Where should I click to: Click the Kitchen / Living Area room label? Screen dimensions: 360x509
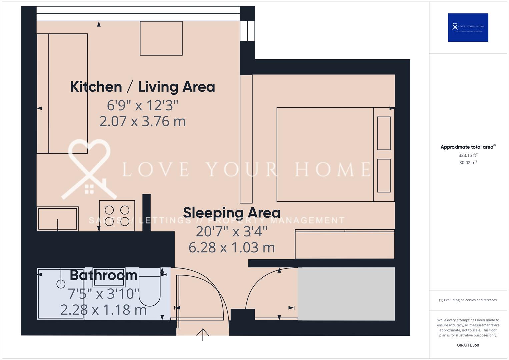tap(142, 87)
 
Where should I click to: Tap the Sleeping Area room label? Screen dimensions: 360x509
tap(232, 213)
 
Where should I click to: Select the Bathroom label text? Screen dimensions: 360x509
tap(104, 275)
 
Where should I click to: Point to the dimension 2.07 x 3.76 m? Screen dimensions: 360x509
tap(142, 121)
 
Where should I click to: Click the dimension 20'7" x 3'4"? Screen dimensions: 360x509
tap(232, 231)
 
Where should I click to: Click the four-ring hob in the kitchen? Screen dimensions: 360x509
tap(117, 216)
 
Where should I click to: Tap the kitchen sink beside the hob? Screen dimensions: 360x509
tap(58, 219)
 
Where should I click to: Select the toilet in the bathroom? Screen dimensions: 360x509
tap(150, 287)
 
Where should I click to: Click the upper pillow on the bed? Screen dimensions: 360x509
tap(384, 133)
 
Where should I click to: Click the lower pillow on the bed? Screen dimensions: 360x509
tap(384, 176)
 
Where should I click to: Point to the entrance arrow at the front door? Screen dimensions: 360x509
tap(203, 334)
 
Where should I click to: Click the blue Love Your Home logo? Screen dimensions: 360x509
tap(468, 27)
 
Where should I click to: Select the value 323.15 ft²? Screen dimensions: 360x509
tap(468, 155)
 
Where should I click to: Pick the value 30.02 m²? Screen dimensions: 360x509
tap(468, 163)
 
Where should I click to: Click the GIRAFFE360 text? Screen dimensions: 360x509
tap(468, 345)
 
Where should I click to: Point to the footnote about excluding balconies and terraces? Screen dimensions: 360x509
tap(468, 300)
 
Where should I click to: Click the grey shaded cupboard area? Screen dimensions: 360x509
tap(346, 294)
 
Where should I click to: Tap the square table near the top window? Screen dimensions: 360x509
tap(161, 38)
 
